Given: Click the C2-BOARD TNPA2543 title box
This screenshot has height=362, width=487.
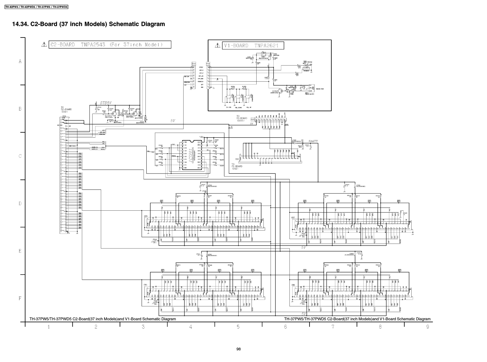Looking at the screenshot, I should pyautogui.click(x=110, y=45).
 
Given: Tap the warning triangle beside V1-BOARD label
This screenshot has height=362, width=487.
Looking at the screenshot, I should pyautogui.click(x=217, y=46).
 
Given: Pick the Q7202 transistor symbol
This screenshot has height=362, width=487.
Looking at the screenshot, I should pyautogui.click(x=134, y=114).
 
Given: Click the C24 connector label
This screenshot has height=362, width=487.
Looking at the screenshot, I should pyautogui.click(x=194, y=64).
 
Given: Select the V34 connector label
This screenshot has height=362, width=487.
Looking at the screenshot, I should pyautogui.click(x=208, y=64).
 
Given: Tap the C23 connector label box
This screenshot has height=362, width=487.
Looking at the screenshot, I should pyautogui.click(x=252, y=120).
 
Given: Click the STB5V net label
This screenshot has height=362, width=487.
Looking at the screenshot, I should pyautogui.click(x=106, y=103).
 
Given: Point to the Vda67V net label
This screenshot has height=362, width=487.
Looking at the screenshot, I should pyautogui.click(x=313, y=141).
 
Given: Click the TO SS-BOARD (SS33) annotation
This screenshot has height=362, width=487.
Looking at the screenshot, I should pyautogui.click(x=242, y=118).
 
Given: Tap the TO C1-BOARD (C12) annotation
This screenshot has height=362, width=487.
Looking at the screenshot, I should pyautogui.click(x=237, y=166).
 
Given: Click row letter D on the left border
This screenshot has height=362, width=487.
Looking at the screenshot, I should pyautogui.click(x=20, y=203).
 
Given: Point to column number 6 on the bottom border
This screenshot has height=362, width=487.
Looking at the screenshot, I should pyautogui.click(x=286, y=327).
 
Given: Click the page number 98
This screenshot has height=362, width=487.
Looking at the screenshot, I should pyautogui.click(x=239, y=349).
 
